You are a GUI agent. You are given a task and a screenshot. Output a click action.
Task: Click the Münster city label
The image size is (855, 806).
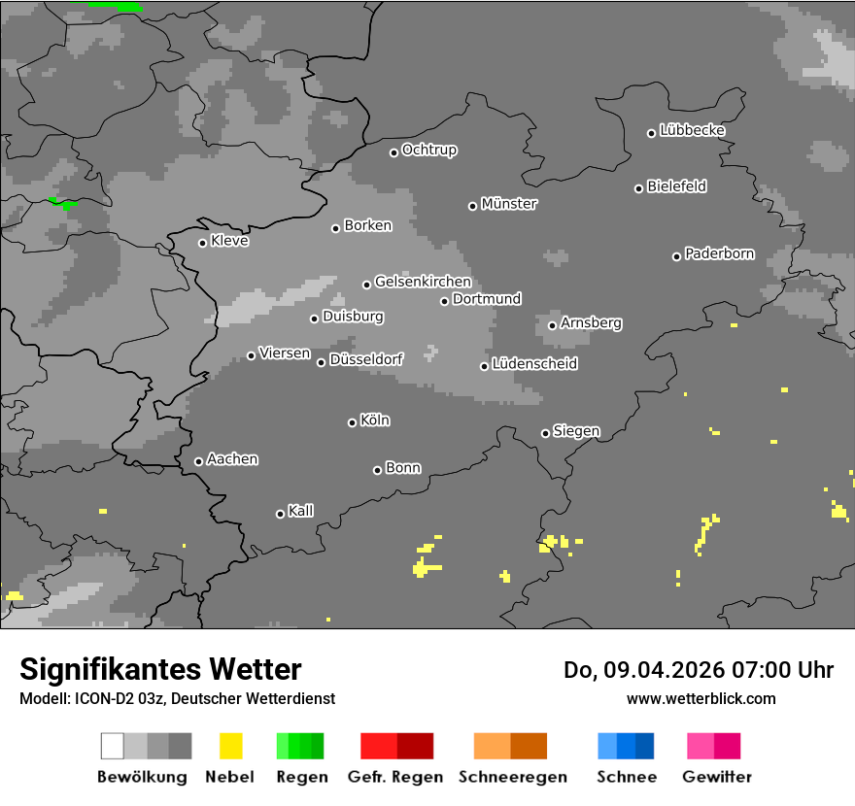click(509, 204)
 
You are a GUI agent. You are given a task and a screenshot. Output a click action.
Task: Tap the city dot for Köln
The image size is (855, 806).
click(352, 422)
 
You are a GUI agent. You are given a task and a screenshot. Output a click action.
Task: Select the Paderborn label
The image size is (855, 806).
click(720, 254)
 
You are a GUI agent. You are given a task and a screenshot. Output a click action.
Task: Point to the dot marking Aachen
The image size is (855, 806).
click(198, 461)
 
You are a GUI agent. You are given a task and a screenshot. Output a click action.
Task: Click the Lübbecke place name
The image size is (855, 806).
click(693, 130)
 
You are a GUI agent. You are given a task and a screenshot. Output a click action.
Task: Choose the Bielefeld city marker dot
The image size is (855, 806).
click(638, 188)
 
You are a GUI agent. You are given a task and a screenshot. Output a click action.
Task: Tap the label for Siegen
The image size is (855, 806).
click(576, 431)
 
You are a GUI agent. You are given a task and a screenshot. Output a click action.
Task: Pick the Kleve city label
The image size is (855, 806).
click(230, 241)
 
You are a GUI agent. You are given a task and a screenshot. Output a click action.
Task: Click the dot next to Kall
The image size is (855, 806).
click(280, 514)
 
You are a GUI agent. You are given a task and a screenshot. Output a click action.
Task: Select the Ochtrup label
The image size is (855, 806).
click(429, 151)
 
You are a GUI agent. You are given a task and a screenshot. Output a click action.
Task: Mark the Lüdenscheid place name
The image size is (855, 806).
click(534, 364)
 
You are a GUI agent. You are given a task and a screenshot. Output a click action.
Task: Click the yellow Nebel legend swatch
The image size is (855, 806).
click(230, 746)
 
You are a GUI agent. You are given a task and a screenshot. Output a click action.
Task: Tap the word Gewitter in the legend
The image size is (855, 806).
click(717, 777)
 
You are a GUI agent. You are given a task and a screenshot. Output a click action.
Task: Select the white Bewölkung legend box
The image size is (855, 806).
click(112, 746)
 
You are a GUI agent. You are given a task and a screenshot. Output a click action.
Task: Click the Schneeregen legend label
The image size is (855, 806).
click(513, 777)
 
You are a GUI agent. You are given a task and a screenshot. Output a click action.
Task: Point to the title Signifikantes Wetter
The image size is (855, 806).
click(160, 669)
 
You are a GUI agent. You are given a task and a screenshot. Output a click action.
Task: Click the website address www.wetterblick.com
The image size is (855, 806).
click(701, 698)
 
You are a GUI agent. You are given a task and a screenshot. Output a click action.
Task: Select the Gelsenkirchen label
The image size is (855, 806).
click(423, 282)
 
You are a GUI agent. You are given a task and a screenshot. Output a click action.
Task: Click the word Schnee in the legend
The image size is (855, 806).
click(627, 777)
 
